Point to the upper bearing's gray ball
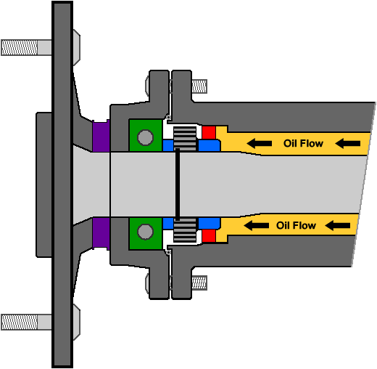(x=146, y=137)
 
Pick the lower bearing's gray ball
(x=146, y=232)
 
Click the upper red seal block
(x=210, y=132)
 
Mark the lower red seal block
(x=210, y=235)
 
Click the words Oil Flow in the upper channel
(x=302, y=143)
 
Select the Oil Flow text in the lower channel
(x=297, y=225)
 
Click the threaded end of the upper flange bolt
(x=200, y=86)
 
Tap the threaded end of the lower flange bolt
(x=200, y=283)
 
